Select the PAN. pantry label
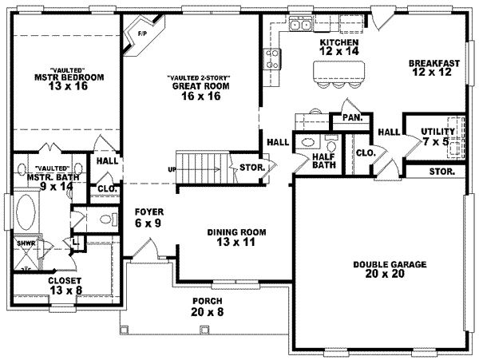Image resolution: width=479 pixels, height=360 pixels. pos(352,118)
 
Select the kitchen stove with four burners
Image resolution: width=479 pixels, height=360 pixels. pos(272,57)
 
